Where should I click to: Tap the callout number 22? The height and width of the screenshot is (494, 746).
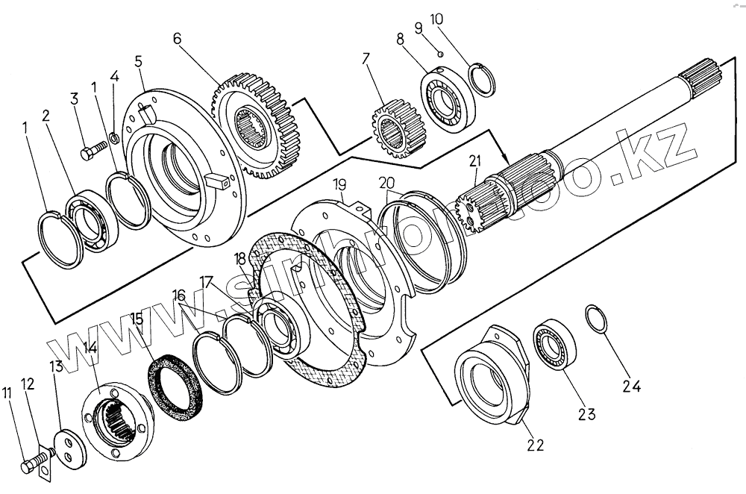(535, 445)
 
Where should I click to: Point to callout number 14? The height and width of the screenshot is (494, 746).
(90, 348)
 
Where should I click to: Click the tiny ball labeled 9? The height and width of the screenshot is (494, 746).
(442, 53)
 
